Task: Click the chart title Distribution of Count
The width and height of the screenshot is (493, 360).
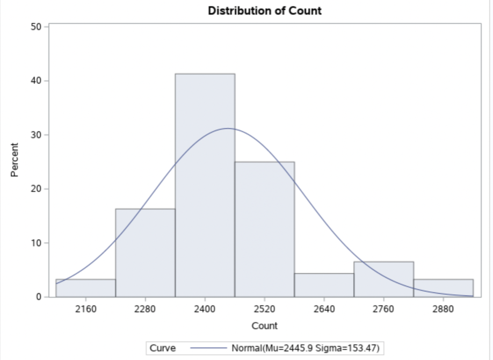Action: (x=265, y=11)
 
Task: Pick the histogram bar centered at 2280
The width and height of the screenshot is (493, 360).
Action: (x=145, y=253)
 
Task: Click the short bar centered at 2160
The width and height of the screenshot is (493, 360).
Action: (x=85, y=288)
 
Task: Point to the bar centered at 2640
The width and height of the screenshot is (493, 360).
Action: (x=324, y=285)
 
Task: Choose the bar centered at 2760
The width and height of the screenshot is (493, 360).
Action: (x=383, y=279)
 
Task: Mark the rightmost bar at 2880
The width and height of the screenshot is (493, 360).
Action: (x=443, y=288)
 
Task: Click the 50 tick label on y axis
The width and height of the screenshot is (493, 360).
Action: (x=35, y=26)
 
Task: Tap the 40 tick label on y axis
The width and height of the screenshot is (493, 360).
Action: (x=35, y=81)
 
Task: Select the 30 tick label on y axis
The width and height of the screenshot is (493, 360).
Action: (x=35, y=135)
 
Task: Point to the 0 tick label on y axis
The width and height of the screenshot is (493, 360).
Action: (x=38, y=297)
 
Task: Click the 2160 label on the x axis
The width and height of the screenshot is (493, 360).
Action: (x=85, y=309)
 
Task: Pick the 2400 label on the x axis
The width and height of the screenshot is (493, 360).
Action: (x=205, y=309)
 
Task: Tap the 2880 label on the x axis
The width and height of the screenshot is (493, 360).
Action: (x=443, y=309)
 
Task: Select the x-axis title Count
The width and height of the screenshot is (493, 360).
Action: (x=264, y=326)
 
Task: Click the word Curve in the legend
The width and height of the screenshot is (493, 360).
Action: (x=162, y=348)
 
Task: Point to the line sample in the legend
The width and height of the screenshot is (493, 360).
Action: (x=207, y=348)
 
